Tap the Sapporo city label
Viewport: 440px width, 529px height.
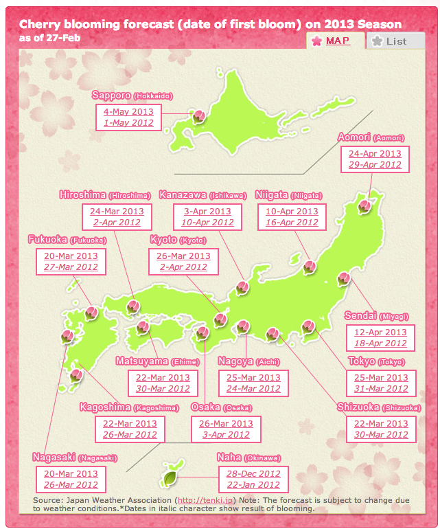(x=111, y=95)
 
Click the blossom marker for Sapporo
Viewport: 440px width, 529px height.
(x=198, y=116)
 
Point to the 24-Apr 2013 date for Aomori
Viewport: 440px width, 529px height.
(x=374, y=154)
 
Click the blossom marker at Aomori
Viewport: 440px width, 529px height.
(x=365, y=204)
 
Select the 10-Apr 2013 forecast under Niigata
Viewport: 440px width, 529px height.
(x=292, y=212)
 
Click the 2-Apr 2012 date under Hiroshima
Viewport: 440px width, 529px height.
(x=113, y=223)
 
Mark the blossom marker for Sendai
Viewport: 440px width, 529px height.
(x=344, y=278)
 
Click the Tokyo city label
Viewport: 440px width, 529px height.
(x=361, y=361)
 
